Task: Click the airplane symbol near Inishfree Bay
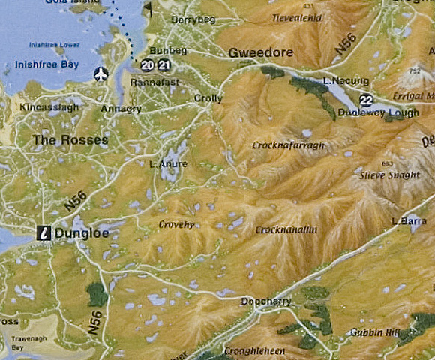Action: [100, 73]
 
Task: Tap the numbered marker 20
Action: [147, 64]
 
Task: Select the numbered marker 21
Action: [163, 64]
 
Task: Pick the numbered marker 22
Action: [366, 99]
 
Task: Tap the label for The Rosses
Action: [70, 140]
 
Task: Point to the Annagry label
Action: [121, 109]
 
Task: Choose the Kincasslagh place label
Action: [48, 108]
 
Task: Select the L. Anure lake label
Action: [169, 164]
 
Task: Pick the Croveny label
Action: [177, 224]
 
